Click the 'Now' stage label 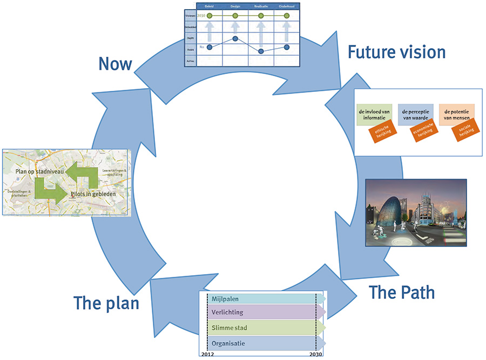tap(115, 64)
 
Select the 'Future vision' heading tap(396, 52)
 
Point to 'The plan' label tap(106, 303)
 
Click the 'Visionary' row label tap(190, 16)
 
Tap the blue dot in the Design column tap(235, 38)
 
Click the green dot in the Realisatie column tap(261, 16)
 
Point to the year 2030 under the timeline tap(316, 355)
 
